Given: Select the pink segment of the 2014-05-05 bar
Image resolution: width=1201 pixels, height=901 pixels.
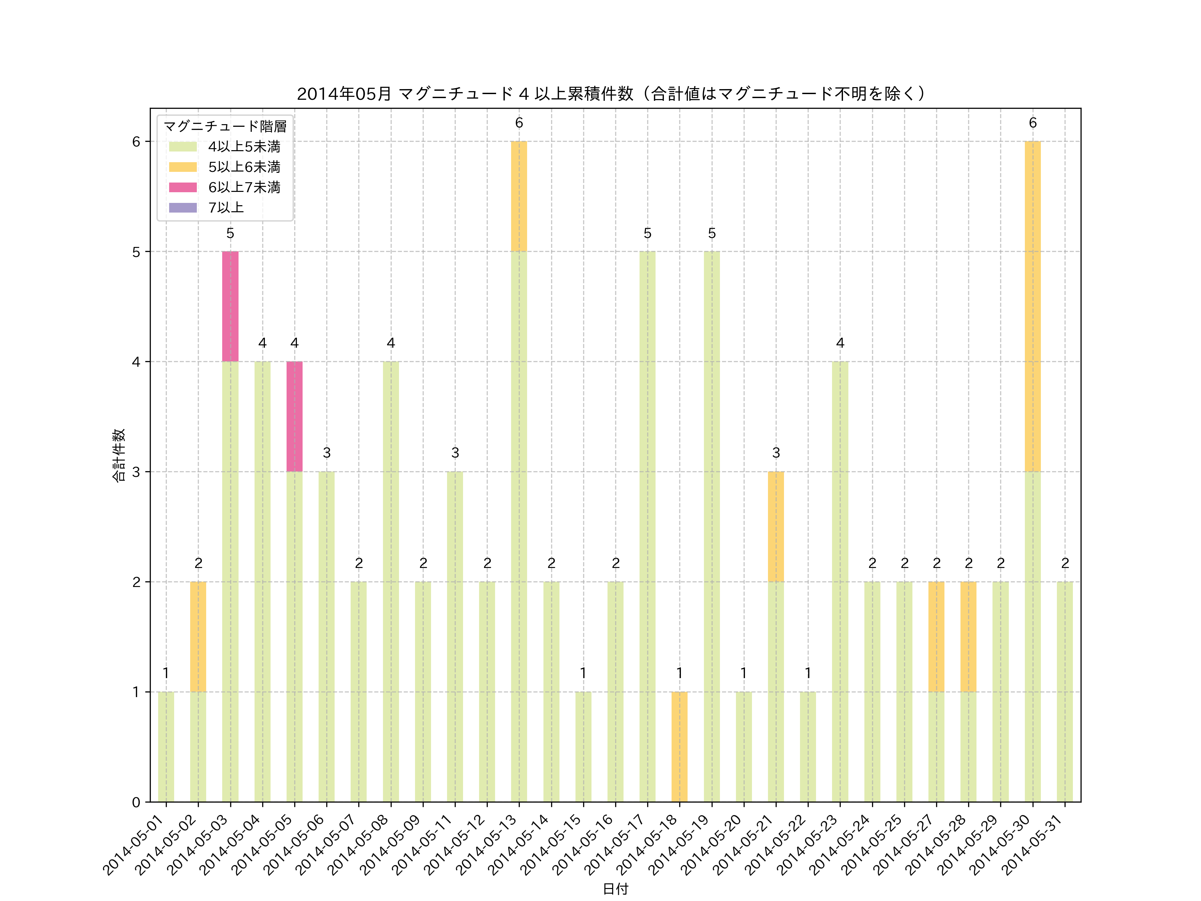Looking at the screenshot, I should coord(294,416).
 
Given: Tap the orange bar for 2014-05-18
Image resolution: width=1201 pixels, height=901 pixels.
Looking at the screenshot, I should coord(679,747).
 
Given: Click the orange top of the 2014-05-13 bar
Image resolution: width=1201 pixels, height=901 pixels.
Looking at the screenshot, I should coord(519,196).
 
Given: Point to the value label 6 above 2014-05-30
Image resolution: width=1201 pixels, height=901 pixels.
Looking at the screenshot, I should coord(1033,123).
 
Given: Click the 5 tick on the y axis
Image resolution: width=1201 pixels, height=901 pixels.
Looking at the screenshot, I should coord(136,252).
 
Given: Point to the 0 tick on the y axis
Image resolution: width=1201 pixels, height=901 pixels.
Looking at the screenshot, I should coord(136,802).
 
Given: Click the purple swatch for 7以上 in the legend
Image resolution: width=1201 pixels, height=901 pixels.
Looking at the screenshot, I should coord(182,208).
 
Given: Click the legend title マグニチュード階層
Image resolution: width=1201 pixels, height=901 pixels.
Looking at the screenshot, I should coord(225,126).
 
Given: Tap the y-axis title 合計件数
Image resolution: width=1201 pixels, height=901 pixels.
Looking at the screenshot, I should coord(119,455).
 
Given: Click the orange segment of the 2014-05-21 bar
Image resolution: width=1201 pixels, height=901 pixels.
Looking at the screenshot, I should coord(776,527).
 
